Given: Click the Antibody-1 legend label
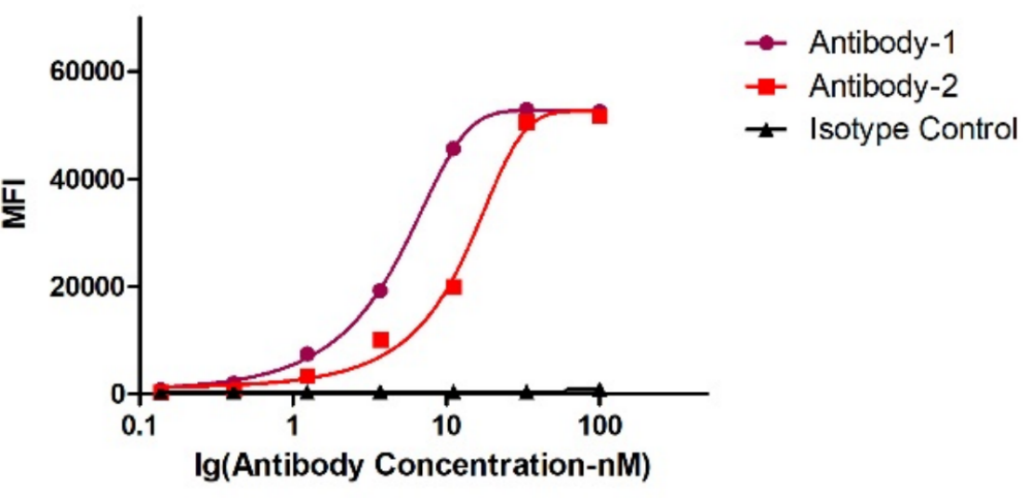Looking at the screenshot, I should [882, 43].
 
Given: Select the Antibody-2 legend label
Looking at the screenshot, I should [883, 86].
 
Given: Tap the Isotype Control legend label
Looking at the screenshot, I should [913, 129].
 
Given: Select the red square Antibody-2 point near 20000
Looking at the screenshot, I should [454, 287].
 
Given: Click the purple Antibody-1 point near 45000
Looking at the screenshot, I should [454, 149].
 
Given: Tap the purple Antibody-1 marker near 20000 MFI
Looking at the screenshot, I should [380, 291].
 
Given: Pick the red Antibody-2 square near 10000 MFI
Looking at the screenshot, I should [380, 340].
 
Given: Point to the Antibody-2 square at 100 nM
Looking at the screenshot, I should [600, 116].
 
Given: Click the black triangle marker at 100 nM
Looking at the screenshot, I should [600, 390].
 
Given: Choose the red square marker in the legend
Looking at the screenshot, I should [767, 86].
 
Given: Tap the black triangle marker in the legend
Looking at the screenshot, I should [767, 130].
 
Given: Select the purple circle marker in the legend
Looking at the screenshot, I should [767, 43].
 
